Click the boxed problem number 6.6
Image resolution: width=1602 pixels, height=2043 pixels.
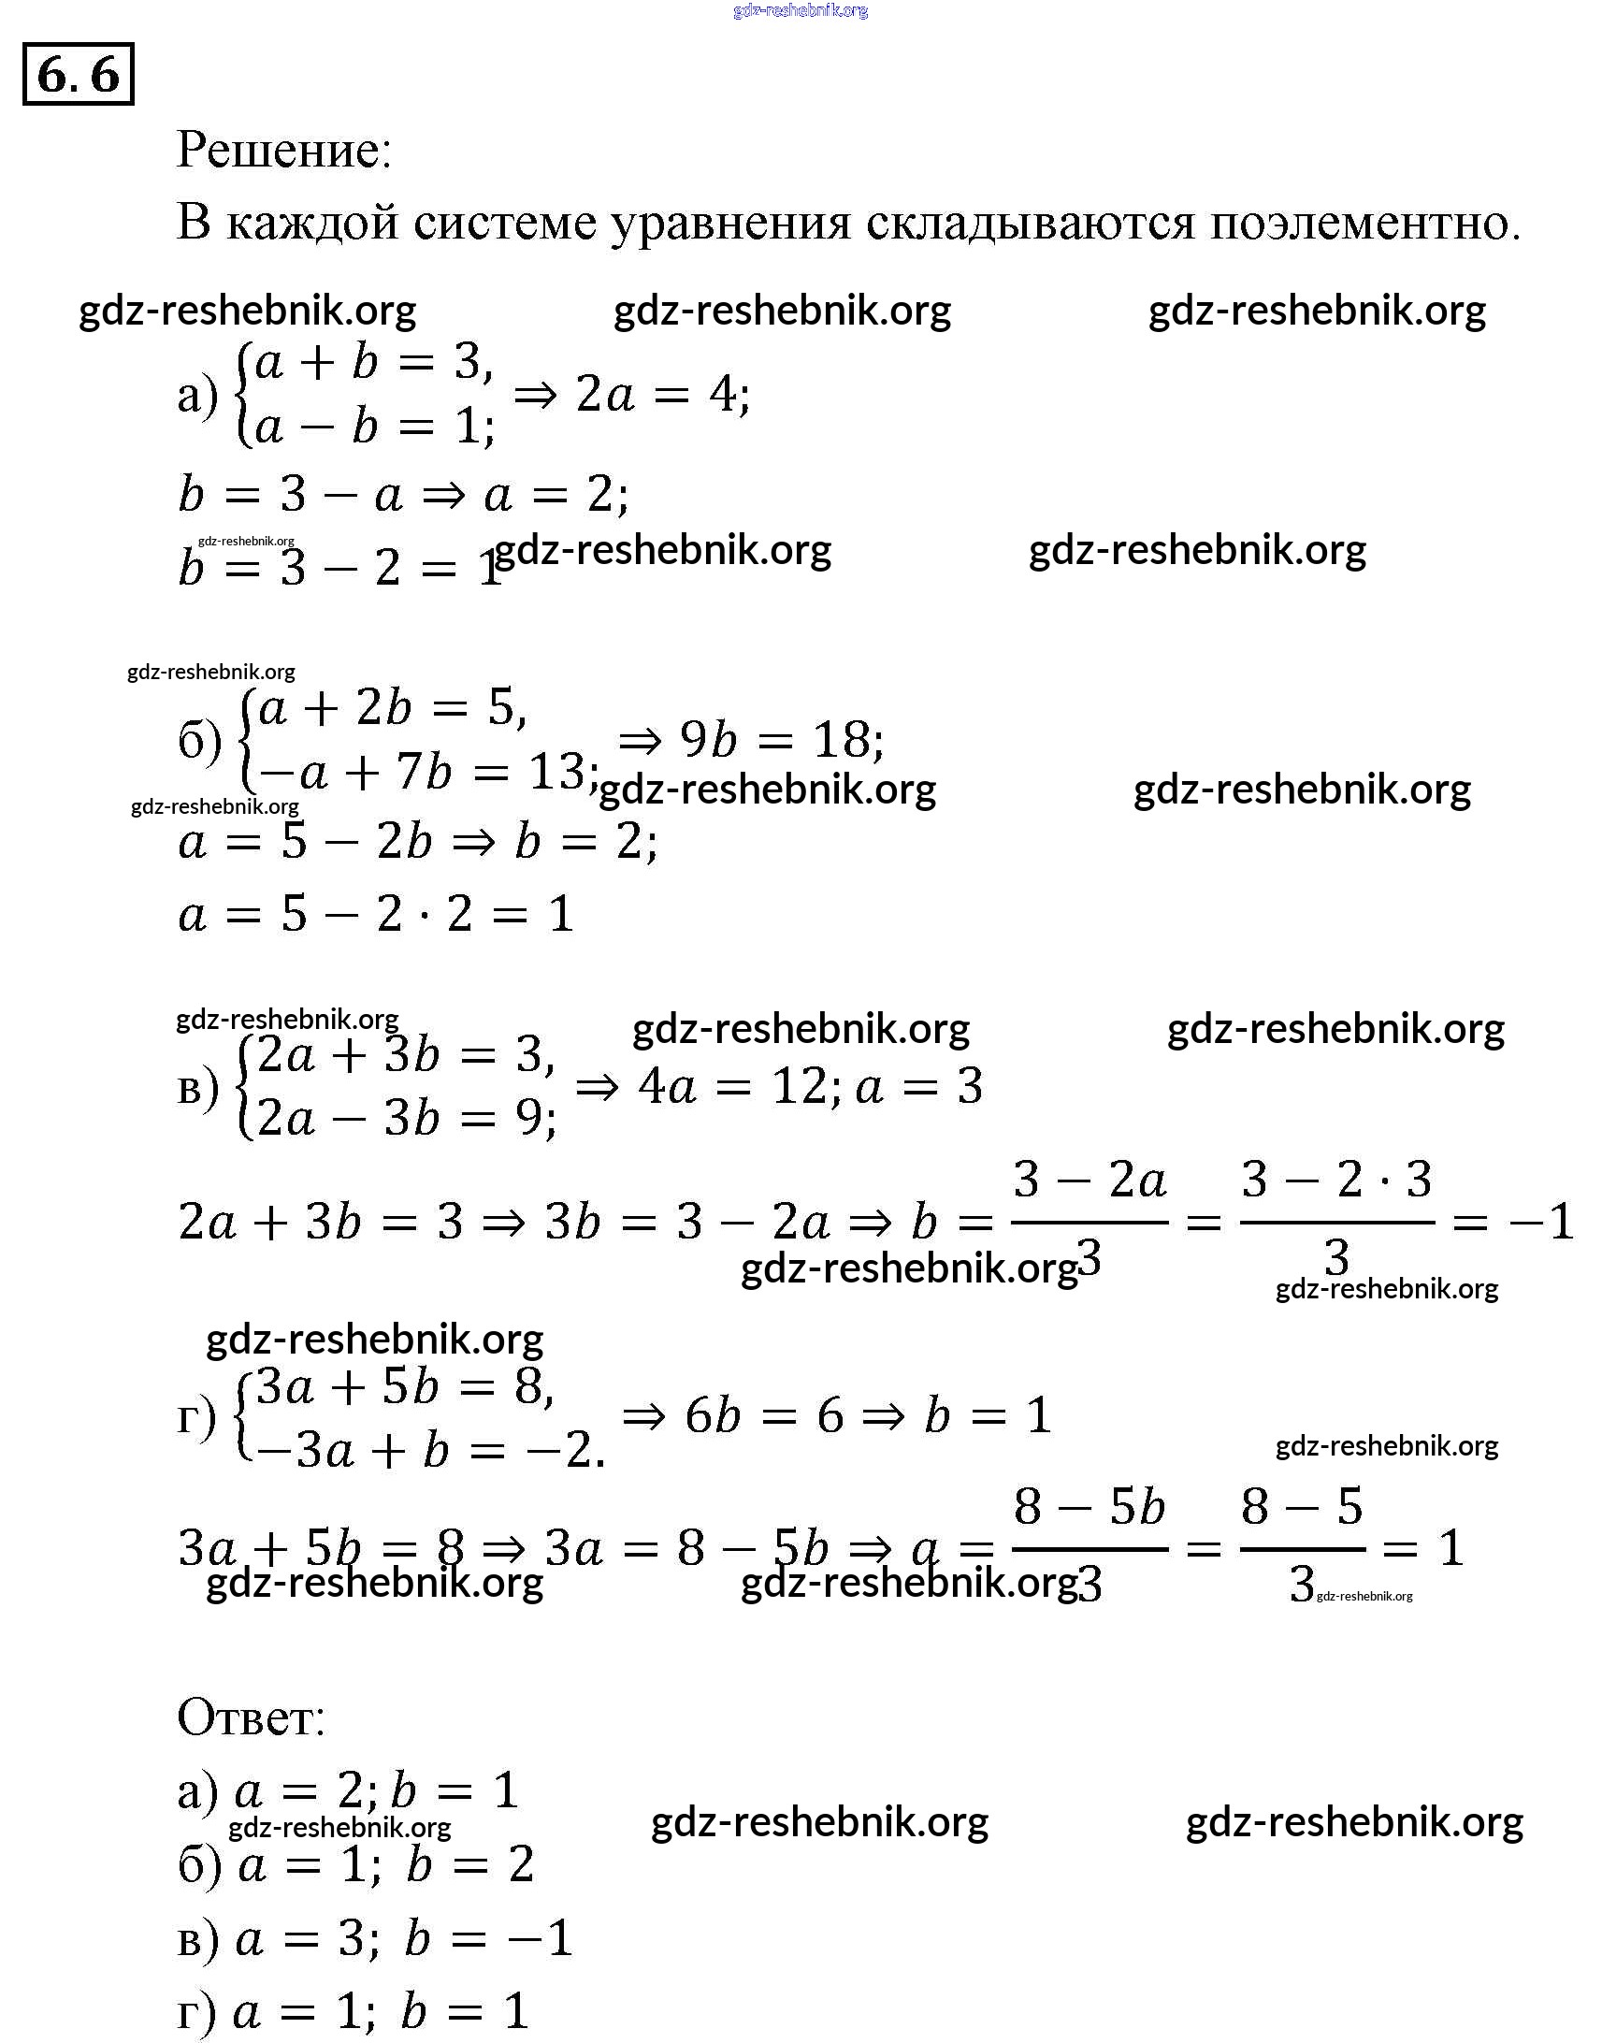tap(78, 74)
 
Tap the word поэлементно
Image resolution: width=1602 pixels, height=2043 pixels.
tap(1364, 224)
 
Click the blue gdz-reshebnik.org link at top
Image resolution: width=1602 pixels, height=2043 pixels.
tap(800, 10)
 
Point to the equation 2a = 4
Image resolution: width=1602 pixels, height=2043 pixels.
tap(662, 394)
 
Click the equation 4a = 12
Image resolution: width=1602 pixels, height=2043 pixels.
tap(733, 1087)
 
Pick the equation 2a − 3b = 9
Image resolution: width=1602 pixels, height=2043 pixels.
tap(405, 1119)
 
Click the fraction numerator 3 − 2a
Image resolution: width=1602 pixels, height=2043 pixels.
tap(1090, 1180)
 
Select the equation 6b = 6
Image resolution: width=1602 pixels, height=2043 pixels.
tap(763, 1415)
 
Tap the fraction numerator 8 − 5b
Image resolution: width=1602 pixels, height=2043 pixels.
tap(1090, 1507)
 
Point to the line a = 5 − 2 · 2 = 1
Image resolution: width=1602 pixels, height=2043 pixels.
tap(375, 914)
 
